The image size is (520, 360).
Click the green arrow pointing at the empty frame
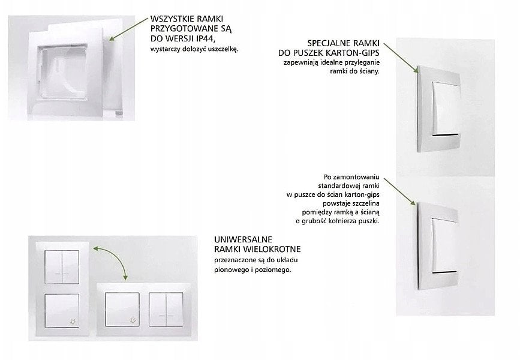(127, 26)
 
